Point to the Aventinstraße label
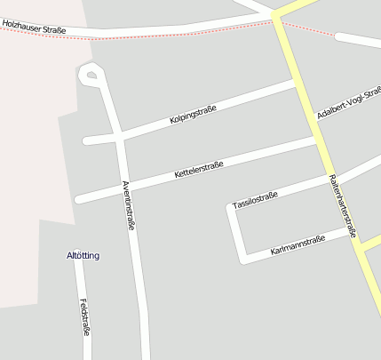(x=128, y=205)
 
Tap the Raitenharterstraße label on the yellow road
(x=342, y=205)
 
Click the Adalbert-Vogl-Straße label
(x=348, y=104)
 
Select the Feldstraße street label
(x=84, y=316)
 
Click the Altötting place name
(x=83, y=256)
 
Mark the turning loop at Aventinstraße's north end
(x=90, y=75)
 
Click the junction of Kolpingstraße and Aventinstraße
(x=118, y=137)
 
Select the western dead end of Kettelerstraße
(x=79, y=199)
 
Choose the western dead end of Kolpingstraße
(x=86, y=140)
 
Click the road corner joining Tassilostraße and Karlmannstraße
(x=241, y=259)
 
